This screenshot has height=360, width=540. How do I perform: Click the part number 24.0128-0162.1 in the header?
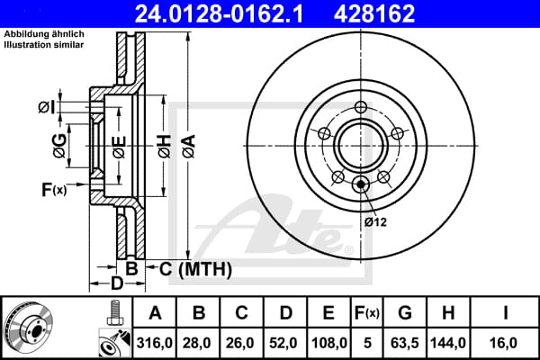pyautogui.click(x=220, y=13)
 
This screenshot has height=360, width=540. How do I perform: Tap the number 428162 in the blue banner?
pyautogui.click(x=374, y=13)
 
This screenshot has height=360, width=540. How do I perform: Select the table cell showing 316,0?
pyautogui.click(x=154, y=343)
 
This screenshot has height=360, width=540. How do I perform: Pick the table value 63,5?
pyautogui.click(x=405, y=343)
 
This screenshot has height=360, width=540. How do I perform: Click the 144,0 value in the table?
pyautogui.click(x=448, y=343)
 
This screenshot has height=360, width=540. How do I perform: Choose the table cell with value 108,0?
pyautogui.click(x=328, y=343)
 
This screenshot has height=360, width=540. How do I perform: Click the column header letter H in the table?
pyautogui.click(x=448, y=313)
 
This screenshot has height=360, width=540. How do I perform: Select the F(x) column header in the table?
pyautogui.click(x=367, y=313)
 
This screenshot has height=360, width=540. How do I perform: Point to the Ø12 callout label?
pyautogui.click(x=375, y=222)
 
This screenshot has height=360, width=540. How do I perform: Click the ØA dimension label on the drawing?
pyautogui.click(x=189, y=147)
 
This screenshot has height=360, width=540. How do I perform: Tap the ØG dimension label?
pyautogui.click(x=59, y=146)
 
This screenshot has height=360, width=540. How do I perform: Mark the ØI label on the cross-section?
pyautogui.click(x=47, y=107)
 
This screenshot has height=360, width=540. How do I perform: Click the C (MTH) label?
pyautogui.click(x=195, y=269)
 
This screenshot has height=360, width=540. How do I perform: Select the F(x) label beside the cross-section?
pyautogui.click(x=54, y=190)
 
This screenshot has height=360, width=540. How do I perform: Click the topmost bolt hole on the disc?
pyautogui.click(x=361, y=107)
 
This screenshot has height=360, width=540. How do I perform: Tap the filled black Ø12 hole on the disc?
pyautogui.click(x=361, y=184)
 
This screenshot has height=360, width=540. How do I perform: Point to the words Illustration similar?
pyautogui.click(x=44, y=45)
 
